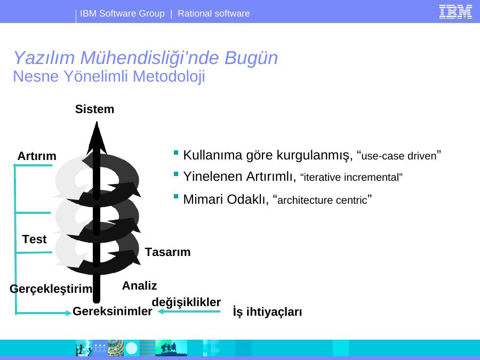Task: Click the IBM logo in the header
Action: (x=455, y=12)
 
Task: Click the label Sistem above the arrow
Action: (x=94, y=109)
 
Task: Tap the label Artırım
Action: (x=37, y=156)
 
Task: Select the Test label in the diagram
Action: (x=34, y=239)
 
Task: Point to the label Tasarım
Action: (x=168, y=252)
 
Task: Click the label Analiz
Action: (x=139, y=286)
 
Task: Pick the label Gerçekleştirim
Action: (x=51, y=289)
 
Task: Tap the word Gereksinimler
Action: (x=113, y=311)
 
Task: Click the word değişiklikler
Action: (x=186, y=302)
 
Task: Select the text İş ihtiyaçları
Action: (x=267, y=311)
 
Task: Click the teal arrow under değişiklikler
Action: (x=189, y=311)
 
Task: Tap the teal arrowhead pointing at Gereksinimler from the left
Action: (x=68, y=313)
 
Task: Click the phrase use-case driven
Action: (x=399, y=156)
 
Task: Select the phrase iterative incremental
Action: (x=351, y=178)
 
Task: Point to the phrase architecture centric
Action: (x=322, y=200)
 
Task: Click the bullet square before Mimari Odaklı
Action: (x=175, y=196)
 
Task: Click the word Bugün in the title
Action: (x=251, y=58)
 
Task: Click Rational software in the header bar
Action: (x=214, y=13)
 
